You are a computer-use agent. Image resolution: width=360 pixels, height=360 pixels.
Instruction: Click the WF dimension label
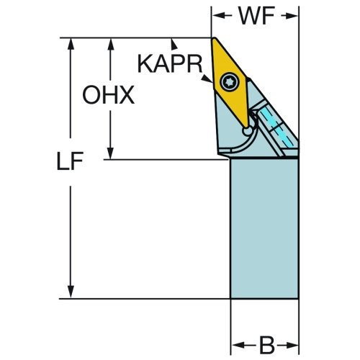[x=256, y=16]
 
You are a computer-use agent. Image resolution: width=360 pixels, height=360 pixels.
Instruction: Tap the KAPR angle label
[x=170, y=64]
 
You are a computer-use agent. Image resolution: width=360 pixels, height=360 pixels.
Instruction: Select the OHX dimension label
[x=108, y=95]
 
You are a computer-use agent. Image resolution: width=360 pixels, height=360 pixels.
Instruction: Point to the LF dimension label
[x=70, y=161]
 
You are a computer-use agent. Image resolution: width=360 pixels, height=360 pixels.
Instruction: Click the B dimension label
[x=266, y=346]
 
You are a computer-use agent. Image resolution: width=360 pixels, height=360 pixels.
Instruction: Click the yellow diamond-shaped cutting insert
[x=230, y=81]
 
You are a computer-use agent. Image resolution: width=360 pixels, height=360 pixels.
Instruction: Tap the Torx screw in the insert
[x=230, y=82]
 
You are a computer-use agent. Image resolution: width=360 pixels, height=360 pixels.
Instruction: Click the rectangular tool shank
[x=264, y=229]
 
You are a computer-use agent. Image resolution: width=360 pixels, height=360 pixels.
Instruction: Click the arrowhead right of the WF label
[x=292, y=16]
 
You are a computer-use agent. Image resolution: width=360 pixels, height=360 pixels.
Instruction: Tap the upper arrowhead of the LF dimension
[x=71, y=44]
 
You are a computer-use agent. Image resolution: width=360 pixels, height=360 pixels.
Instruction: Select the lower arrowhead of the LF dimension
[x=71, y=292]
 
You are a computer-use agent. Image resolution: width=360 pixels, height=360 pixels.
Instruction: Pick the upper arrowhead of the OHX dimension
[x=110, y=44]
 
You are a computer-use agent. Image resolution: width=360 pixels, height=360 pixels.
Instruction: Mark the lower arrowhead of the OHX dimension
[x=110, y=153]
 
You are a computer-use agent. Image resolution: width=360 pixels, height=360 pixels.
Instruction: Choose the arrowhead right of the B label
[x=292, y=346]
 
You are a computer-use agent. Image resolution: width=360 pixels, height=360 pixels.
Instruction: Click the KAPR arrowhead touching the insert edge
[x=207, y=78]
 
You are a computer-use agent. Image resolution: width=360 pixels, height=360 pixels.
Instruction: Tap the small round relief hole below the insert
[x=247, y=131]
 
